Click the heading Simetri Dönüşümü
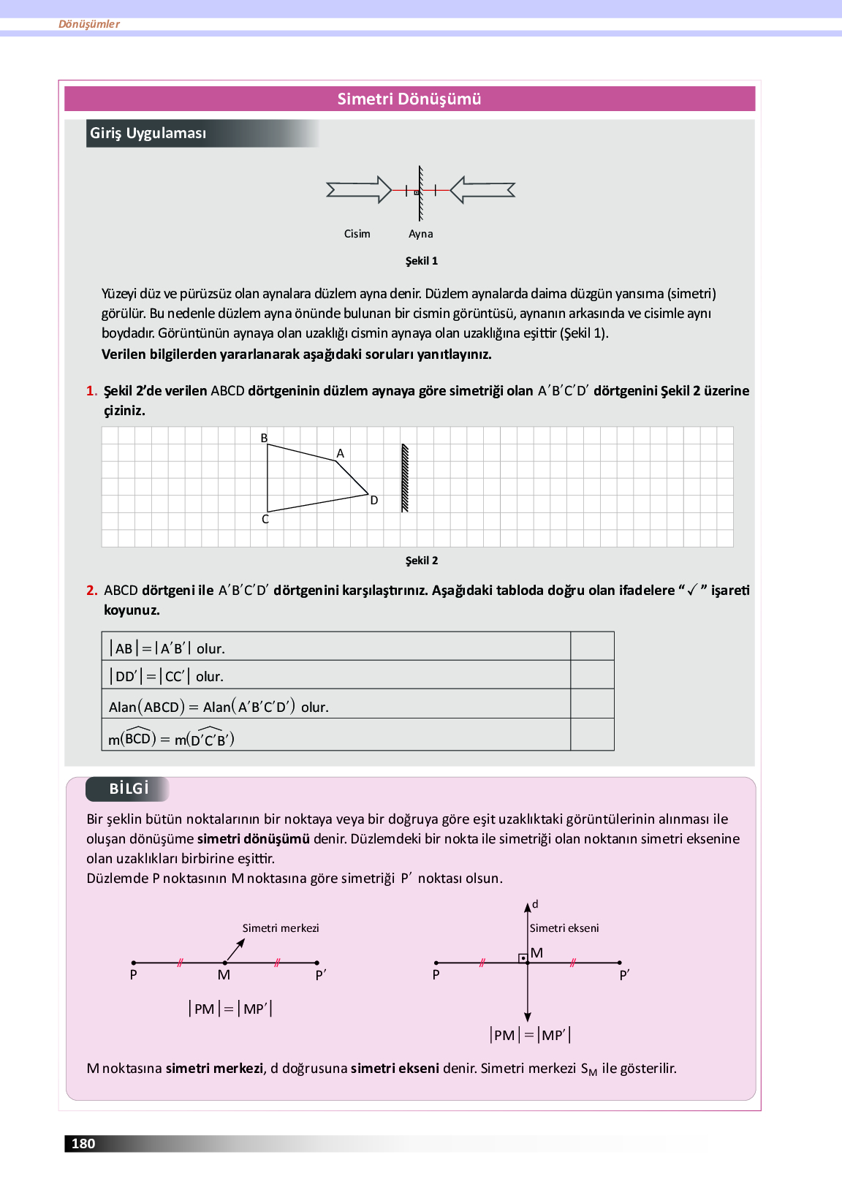tap(409, 99)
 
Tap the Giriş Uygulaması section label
tap(148, 133)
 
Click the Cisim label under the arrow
tap(357, 234)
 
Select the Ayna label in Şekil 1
tap(420, 234)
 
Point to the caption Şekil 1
tap(422, 261)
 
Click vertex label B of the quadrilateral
tap(265, 438)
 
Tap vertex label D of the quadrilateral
tap(374, 501)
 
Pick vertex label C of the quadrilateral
tap(265, 520)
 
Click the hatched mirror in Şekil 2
tap(405, 478)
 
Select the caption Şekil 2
tap(422, 561)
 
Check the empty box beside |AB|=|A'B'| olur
tap(592, 647)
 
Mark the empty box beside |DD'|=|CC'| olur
tap(592, 675)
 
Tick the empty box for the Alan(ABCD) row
tap(592, 704)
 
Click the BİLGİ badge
tap(129, 789)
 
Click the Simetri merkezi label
tap(281, 928)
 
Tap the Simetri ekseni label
tap(564, 928)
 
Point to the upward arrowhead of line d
tap(528, 908)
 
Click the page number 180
tap(83, 1144)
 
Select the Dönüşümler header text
tap(89, 24)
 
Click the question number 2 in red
tap(91, 591)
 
